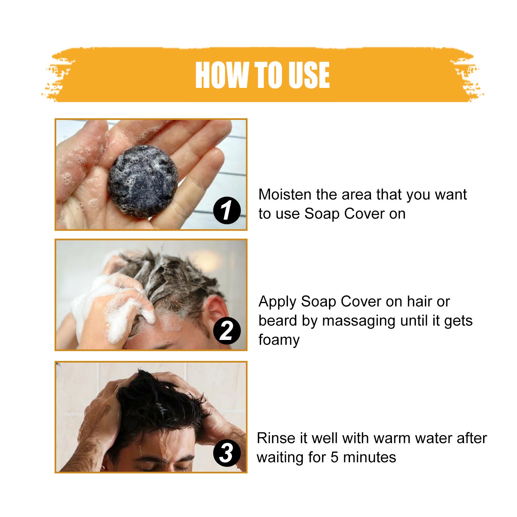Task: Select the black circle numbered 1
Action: pyautogui.click(x=227, y=210)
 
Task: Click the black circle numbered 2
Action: pyautogui.click(x=227, y=331)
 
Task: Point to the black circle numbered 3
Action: pyautogui.click(x=227, y=453)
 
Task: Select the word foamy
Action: pyautogui.click(x=279, y=340)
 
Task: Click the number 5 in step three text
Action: pyautogui.click(x=334, y=458)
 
